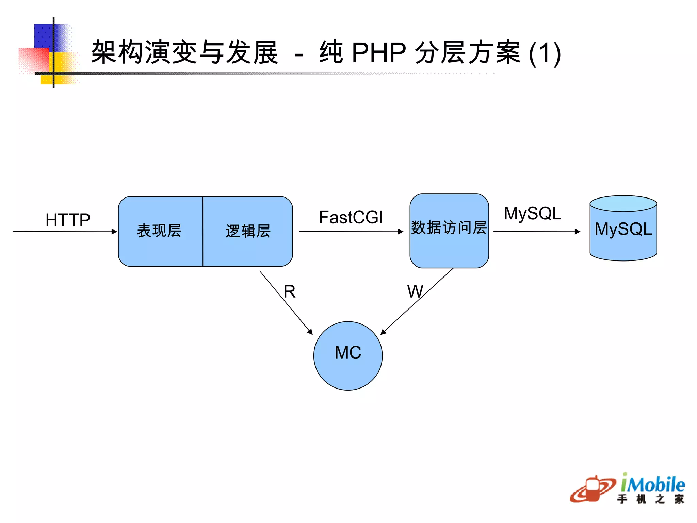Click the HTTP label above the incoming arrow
[x=68, y=220]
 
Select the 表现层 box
[x=160, y=231]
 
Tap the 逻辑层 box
[x=248, y=231]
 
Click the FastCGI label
[x=351, y=217]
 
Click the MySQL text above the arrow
[x=532, y=213]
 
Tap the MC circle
[x=348, y=355]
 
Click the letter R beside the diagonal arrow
[x=290, y=292]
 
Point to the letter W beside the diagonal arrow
[x=415, y=292]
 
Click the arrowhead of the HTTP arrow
[x=114, y=232]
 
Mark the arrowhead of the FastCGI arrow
[x=401, y=232]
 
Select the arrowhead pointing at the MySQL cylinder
[x=578, y=232]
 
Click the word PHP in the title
[x=379, y=53]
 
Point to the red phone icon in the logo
[x=593, y=489]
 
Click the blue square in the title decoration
[x=44, y=36]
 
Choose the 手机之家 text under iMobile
[x=650, y=499]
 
